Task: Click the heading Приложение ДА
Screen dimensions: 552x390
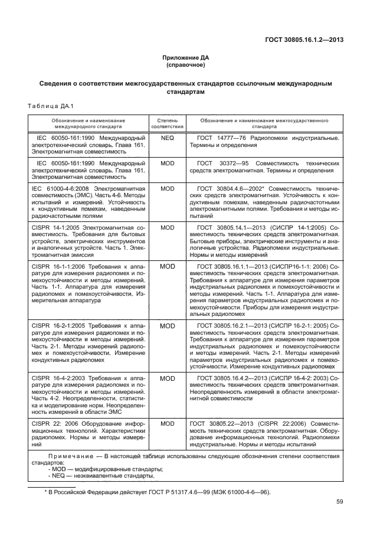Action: coord(186,57)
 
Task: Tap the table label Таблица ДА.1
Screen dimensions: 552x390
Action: coord(50,106)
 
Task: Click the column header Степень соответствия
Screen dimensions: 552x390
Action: coord(168,123)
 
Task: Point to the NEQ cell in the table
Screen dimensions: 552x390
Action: coord(168,138)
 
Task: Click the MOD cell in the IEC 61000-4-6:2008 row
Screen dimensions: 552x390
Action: coord(168,188)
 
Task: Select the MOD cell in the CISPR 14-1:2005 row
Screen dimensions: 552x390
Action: coord(168,227)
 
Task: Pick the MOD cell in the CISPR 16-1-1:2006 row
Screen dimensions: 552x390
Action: coord(168,266)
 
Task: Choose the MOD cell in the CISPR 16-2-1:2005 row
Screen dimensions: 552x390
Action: coord(168,325)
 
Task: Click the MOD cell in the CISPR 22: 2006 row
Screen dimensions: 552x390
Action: coord(168,423)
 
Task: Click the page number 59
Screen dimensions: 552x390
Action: coord(339,502)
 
